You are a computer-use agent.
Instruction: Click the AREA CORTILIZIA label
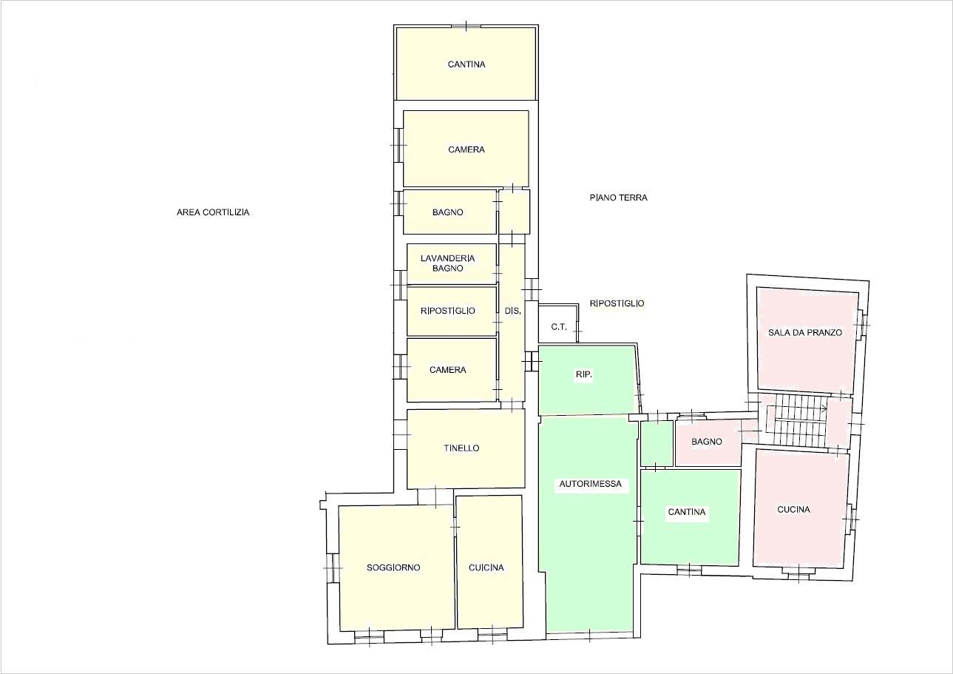(213, 212)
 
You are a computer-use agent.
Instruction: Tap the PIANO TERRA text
(618, 198)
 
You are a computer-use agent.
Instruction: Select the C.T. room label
(559, 327)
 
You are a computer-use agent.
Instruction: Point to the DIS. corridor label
(512, 311)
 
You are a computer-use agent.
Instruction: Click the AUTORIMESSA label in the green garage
(590, 484)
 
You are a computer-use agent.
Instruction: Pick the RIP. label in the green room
(584, 374)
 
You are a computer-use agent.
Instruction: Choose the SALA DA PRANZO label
(805, 332)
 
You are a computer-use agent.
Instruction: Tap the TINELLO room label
(461, 448)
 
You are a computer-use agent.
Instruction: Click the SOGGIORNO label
(393, 567)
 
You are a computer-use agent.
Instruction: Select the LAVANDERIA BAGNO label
(447, 263)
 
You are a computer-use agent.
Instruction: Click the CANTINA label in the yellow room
(467, 64)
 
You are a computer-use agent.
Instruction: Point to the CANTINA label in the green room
(687, 512)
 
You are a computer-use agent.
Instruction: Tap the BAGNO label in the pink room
(707, 442)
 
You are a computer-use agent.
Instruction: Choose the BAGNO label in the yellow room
(447, 212)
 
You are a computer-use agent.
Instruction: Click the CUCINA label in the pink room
(793, 509)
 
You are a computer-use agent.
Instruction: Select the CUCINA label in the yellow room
(486, 567)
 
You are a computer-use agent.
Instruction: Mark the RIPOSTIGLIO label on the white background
(617, 303)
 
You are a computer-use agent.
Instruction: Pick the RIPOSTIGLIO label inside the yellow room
(447, 311)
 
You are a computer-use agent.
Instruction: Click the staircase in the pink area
(796, 420)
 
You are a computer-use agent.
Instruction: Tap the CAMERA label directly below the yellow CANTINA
(467, 149)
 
